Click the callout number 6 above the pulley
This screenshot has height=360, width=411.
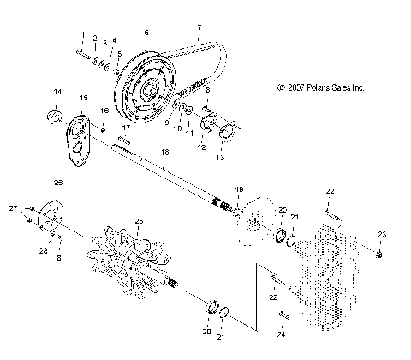coord(146,33)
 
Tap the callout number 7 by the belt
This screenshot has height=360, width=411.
coord(199,27)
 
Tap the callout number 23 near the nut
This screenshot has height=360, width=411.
coord(382,234)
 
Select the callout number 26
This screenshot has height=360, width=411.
coord(59,183)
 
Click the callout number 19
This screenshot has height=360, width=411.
coord(240,189)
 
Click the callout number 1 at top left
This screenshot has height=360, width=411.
coord(83,34)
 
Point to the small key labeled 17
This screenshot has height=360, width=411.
coord(126,141)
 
